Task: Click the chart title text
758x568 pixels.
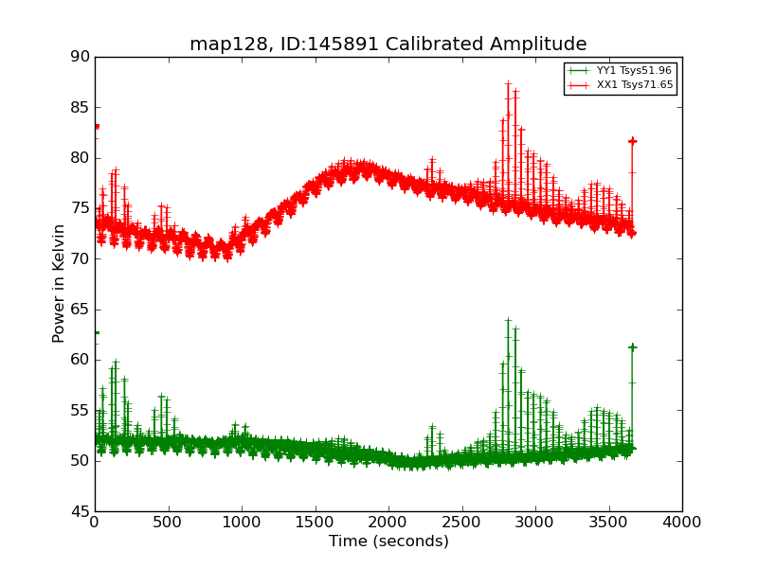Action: click(388, 44)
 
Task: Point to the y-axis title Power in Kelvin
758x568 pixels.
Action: click(60, 283)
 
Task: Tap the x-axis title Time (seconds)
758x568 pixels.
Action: click(388, 541)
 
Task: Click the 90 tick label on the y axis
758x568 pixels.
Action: click(80, 57)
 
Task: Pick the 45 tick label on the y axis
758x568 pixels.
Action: click(80, 511)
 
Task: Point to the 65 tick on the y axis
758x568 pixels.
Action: click(80, 310)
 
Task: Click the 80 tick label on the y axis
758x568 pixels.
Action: click(80, 158)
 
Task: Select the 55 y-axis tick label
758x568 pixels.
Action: click(80, 410)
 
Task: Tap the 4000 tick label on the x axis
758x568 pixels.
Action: click(681, 522)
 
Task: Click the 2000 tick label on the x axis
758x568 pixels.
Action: click(388, 522)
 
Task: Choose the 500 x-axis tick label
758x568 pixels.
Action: click(168, 522)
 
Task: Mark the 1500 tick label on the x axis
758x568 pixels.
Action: click(315, 522)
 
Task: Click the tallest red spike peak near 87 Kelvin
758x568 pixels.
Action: click(508, 83)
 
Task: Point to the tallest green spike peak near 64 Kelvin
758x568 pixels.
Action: click(508, 320)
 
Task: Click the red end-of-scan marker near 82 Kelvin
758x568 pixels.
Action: click(632, 141)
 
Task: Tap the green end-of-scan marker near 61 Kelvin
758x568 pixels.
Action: click(632, 347)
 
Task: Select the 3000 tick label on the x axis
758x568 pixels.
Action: click(535, 522)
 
